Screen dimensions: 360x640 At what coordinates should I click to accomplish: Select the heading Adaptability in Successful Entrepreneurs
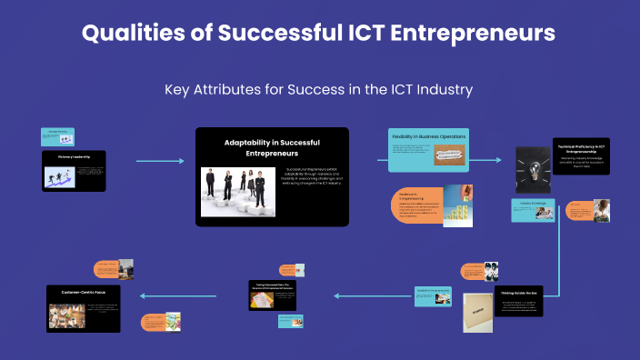[272, 148]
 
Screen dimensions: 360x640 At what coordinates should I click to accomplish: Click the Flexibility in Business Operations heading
[428, 136]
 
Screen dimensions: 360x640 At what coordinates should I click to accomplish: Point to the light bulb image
[533, 169]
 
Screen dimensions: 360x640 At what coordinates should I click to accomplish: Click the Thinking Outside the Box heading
[517, 294]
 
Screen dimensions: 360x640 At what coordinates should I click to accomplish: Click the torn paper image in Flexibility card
[449, 156]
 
